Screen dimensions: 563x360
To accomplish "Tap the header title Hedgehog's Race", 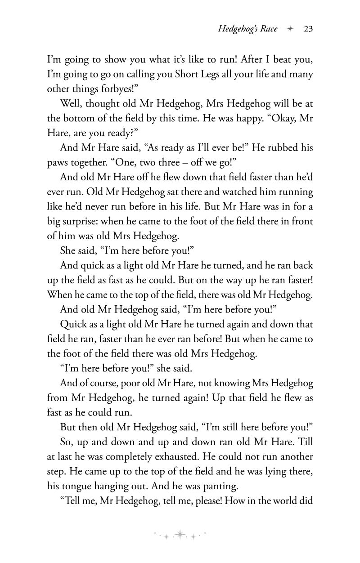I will pos(247,29).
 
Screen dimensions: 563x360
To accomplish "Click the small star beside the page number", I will pos(290,29).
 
